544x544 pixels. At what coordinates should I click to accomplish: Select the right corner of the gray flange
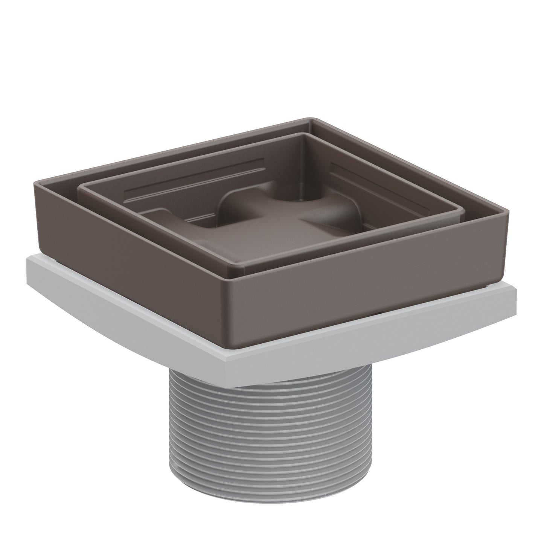click(x=517, y=288)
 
